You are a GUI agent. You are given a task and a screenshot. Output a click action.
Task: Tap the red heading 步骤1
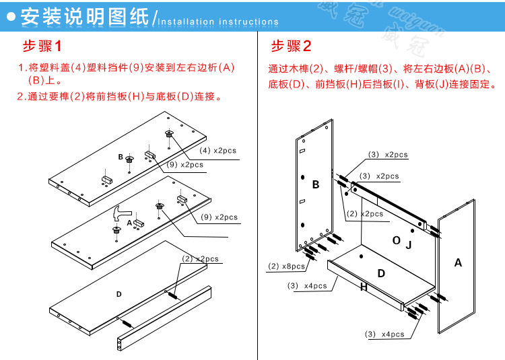tap(42, 47)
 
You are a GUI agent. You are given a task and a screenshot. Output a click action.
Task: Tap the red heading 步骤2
tap(291, 47)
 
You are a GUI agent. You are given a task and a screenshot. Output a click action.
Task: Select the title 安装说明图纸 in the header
tap(84, 17)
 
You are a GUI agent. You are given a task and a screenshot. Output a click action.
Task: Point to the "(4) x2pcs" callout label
tap(217, 150)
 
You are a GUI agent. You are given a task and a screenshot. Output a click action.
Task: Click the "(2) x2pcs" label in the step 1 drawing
tap(200, 259)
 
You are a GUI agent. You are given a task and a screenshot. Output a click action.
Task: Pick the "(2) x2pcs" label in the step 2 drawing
tap(364, 214)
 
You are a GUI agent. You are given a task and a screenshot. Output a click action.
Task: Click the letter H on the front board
tap(364, 287)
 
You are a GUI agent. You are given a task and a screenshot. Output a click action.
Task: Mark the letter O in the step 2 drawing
tap(396, 240)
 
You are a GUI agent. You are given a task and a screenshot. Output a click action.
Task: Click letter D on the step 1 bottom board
tap(119, 294)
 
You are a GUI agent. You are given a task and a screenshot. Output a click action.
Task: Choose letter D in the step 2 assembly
tap(381, 273)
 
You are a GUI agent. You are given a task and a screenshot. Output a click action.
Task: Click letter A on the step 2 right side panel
tap(458, 262)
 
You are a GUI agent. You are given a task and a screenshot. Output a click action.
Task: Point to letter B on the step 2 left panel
tap(315, 184)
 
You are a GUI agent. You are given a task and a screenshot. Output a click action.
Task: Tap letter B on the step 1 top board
tap(121, 157)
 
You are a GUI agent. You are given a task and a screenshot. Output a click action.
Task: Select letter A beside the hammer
tap(129, 222)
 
